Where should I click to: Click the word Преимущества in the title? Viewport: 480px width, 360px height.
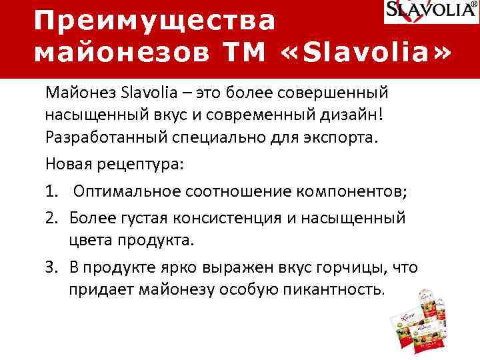coord(155,20)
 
